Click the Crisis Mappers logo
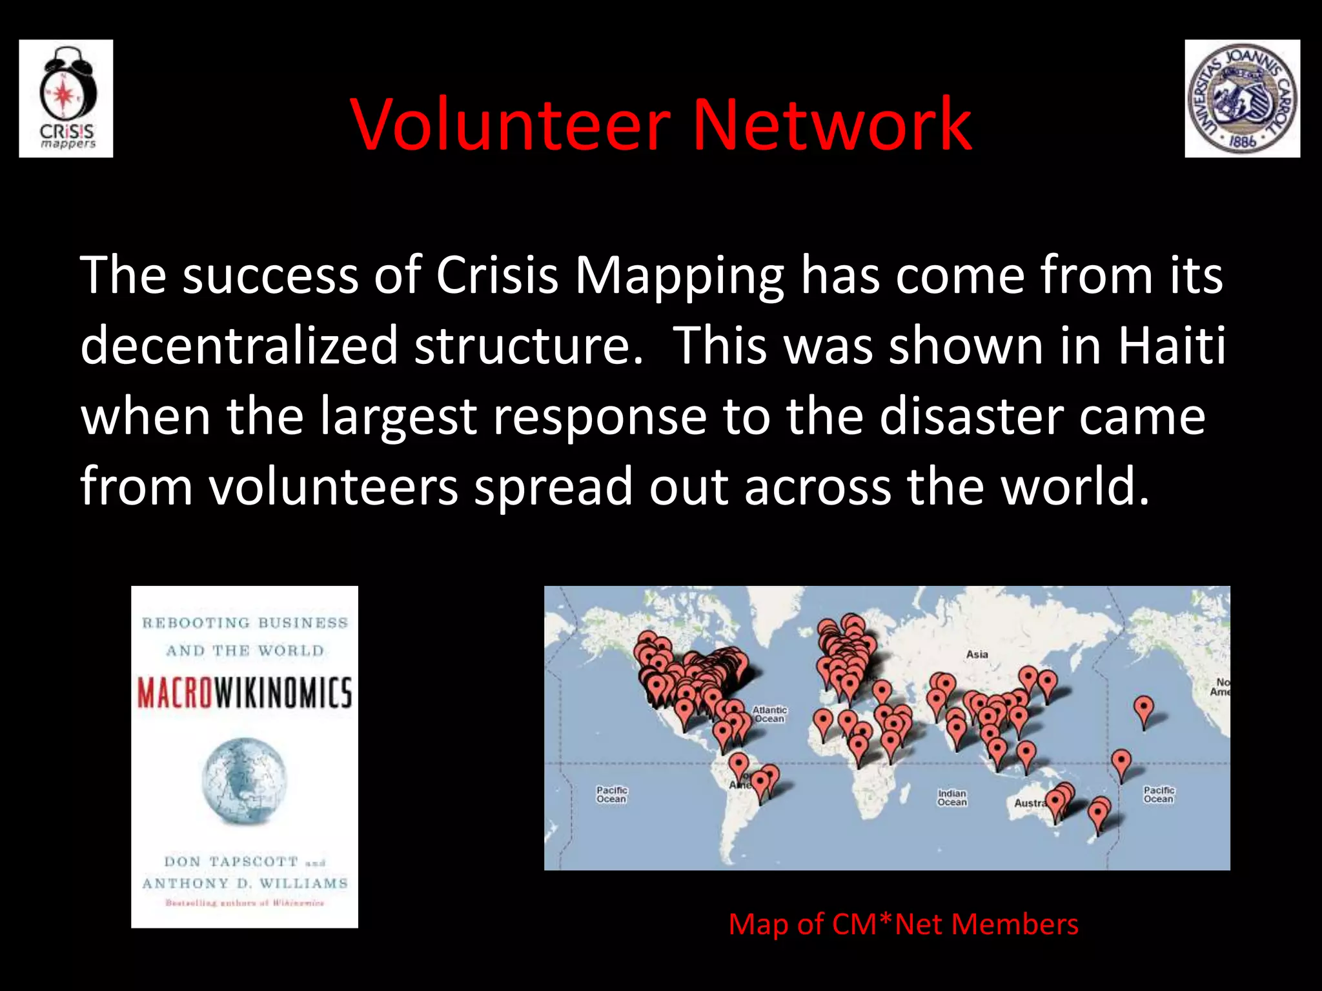click(x=66, y=99)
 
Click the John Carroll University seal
click(x=1242, y=99)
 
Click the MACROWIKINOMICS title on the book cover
click(x=245, y=693)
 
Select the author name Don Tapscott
click(x=231, y=862)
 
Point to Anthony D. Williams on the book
click(x=245, y=883)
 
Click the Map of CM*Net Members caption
click(x=903, y=924)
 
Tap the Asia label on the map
click(x=977, y=654)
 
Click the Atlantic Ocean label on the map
click(x=769, y=714)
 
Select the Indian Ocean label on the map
click(x=952, y=798)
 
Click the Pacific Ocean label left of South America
click(x=611, y=794)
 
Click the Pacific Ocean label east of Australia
click(x=1159, y=794)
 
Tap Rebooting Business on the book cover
click(x=245, y=623)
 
